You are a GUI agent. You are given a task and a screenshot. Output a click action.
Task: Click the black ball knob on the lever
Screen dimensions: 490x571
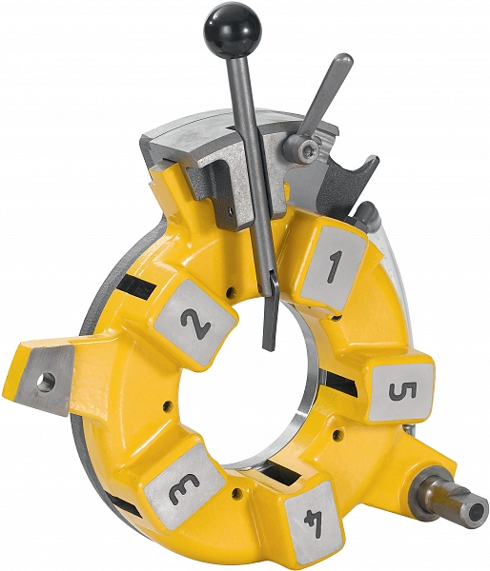(x=227, y=30)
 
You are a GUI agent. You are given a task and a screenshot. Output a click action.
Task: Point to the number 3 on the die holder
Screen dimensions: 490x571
(x=184, y=490)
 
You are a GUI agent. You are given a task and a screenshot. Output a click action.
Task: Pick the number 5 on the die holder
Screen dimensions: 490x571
(x=402, y=391)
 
